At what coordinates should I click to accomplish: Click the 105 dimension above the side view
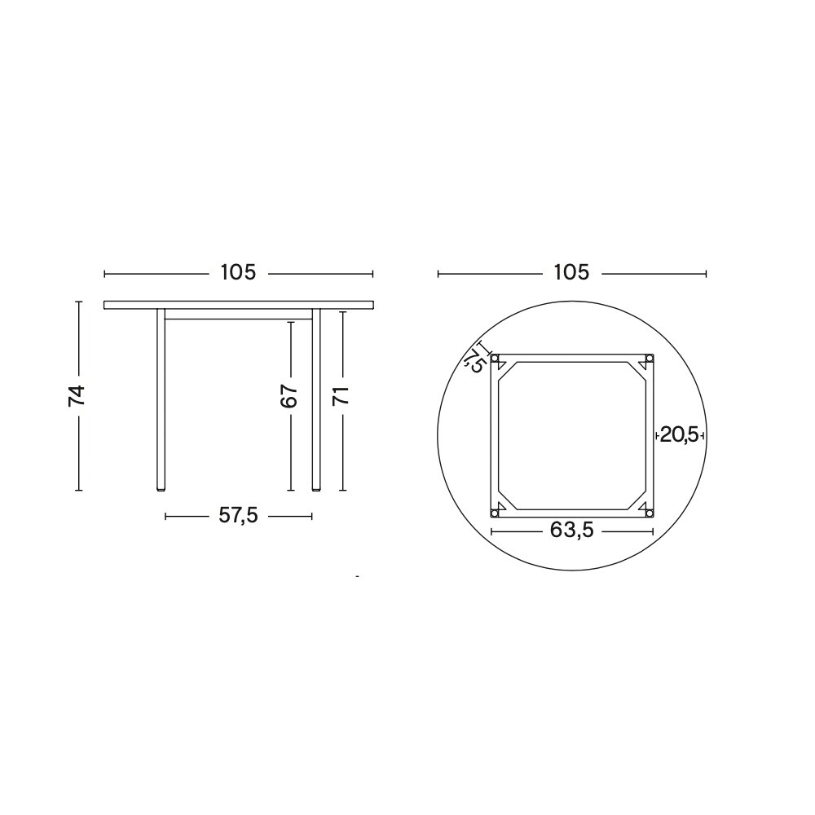click(x=238, y=273)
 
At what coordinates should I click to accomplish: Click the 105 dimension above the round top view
click(x=570, y=273)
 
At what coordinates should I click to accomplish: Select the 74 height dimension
click(x=77, y=395)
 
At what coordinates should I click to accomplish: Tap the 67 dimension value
click(x=289, y=396)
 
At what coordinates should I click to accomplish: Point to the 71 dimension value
click(x=342, y=396)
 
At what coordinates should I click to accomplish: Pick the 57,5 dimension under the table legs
click(x=238, y=515)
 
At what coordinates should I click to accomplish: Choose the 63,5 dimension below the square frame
click(x=571, y=531)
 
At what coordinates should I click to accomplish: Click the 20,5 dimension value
click(x=679, y=435)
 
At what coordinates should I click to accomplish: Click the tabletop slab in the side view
click(x=238, y=305)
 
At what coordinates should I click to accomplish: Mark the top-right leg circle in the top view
click(x=649, y=359)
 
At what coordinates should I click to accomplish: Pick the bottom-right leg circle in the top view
click(x=649, y=512)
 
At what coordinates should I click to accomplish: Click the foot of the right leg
click(x=316, y=489)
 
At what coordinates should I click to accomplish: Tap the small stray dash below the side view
click(x=357, y=576)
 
